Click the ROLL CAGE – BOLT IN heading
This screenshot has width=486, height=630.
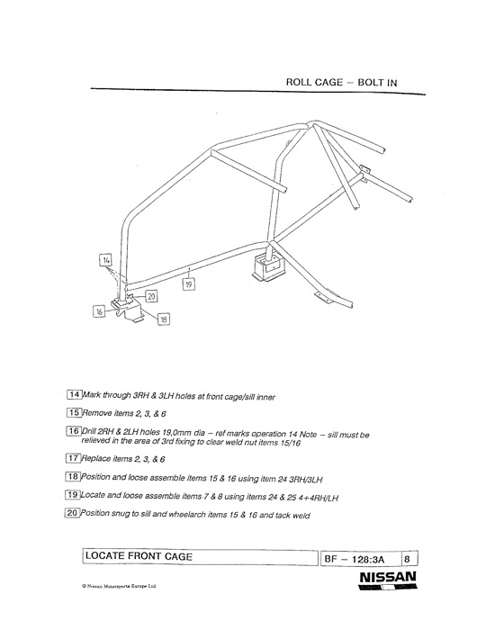pyautogui.click(x=341, y=83)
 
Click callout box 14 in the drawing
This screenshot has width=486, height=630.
pyautogui.click(x=105, y=260)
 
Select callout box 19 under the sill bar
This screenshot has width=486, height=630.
pyautogui.click(x=189, y=284)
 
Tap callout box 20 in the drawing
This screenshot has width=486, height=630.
pyautogui.click(x=151, y=296)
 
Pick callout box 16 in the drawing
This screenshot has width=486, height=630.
pyautogui.click(x=99, y=311)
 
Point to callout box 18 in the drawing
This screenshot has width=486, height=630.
pyautogui.click(x=163, y=319)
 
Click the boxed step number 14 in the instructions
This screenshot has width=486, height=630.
pyautogui.click(x=75, y=394)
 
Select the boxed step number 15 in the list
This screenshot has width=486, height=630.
pyautogui.click(x=74, y=412)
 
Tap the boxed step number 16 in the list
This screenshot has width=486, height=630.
pyautogui.click(x=74, y=431)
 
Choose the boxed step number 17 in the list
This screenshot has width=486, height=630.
pyautogui.click(x=73, y=457)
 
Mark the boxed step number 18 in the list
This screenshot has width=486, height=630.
pyautogui.click(x=73, y=476)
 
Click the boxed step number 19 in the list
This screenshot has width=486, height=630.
pyautogui.click(x=73, y=495)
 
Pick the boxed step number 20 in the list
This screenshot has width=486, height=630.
pyautogui.click(x=72, y=513)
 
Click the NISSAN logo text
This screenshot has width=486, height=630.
pyautogui.click(x=388, y=578)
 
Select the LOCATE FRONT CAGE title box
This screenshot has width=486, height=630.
pyautogui.click(x=200, y=557)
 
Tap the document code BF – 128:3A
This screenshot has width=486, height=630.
pyautogui.click(x=355, y=559)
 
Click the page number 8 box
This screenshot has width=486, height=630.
pyautogui.click(x=409, y=559)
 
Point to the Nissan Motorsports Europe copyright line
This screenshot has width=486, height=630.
pyautogui.click(x=119, y=586)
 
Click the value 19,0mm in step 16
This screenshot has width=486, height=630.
pyautogui.click(x=177, y=433)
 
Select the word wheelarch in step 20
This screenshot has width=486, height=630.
pyautogui.click(x=186, y=514)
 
